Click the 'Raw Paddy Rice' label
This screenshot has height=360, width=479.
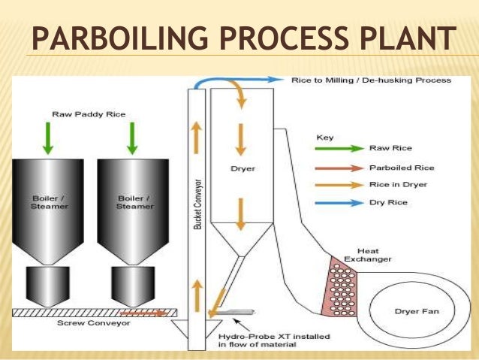(89, 115)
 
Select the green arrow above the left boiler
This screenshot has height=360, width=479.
(47, 138)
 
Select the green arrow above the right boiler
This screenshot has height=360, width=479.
(132, 138)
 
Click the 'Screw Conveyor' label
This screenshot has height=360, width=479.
(84, 323)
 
